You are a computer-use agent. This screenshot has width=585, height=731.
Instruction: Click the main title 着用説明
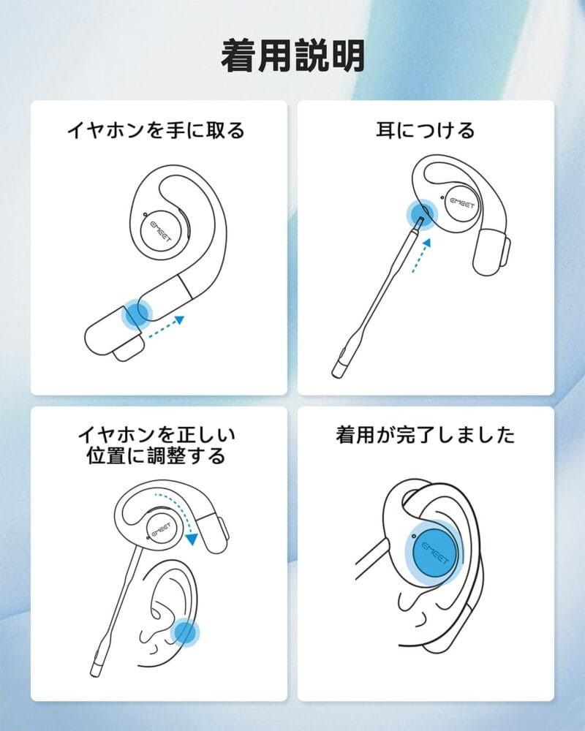coord(292,56)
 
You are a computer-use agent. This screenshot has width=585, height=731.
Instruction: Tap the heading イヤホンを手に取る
coord(156,130)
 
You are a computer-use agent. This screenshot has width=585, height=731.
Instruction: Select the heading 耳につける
coord(426,130)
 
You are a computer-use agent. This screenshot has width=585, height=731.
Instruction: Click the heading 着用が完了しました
coord(426,435)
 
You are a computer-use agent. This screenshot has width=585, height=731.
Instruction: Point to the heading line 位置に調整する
coord(156,456)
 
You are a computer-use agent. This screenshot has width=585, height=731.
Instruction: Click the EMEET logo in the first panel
coord(161,232)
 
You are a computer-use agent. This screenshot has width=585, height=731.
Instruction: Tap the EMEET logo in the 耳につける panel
coord(462,202)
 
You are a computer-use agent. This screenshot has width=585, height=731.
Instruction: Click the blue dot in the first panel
coord(137,314)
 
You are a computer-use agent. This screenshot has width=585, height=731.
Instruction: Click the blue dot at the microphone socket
coord(420,215)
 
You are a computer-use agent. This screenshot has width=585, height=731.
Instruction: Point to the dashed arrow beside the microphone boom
coord(421,255)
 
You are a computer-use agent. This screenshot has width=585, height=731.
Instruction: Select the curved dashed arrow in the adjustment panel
coord(180,513)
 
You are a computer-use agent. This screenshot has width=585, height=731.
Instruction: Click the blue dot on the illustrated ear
coord(185,633)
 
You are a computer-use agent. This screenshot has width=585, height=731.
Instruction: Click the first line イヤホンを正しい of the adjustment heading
coord(156,434)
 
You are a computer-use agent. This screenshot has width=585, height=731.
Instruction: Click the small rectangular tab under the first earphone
coord(128,349)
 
